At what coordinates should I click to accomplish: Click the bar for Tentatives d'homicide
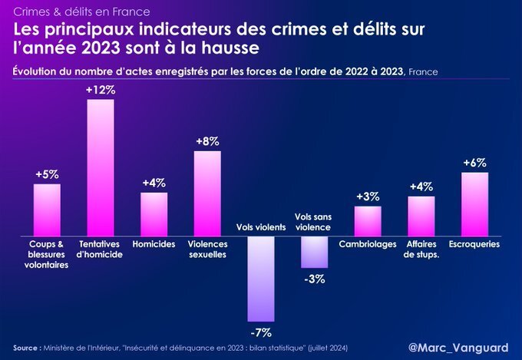pos(101,167)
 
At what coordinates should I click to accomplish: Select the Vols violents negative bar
pos(261,278)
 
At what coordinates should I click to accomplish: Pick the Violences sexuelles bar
pos(207,193)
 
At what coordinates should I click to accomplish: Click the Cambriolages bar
pos(368,221)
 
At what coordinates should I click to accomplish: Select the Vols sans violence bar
pos(314,252)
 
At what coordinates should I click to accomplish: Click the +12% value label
pos(101,90)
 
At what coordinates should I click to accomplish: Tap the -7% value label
pos(261,332)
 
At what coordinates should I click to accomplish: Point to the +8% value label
pos(207,141)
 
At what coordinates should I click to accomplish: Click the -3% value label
pos(314,279)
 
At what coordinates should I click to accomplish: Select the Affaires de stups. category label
pos(421,249)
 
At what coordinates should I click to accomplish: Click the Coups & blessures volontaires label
pos(47,254)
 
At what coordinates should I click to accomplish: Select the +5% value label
pos(47,174)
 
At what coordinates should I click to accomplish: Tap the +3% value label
pos(368,197)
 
